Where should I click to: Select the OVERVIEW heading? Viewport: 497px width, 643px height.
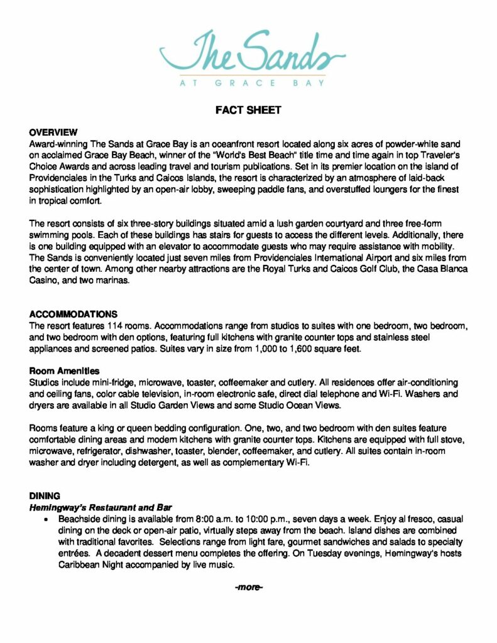[53, 132]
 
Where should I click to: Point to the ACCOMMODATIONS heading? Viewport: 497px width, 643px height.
[74, 314]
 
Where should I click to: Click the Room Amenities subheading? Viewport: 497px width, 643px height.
[64, 371]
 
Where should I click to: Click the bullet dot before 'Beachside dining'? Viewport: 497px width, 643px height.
[45, 520]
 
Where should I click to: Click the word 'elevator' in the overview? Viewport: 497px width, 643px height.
[184, 246]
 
